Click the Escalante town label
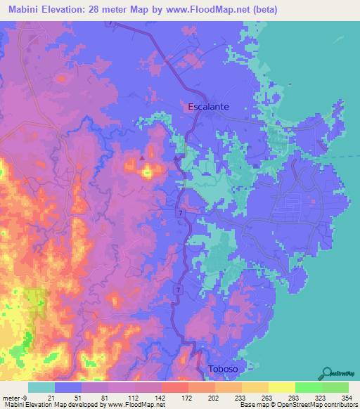[x=214, y=107]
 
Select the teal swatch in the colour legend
[x=41, y=387]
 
